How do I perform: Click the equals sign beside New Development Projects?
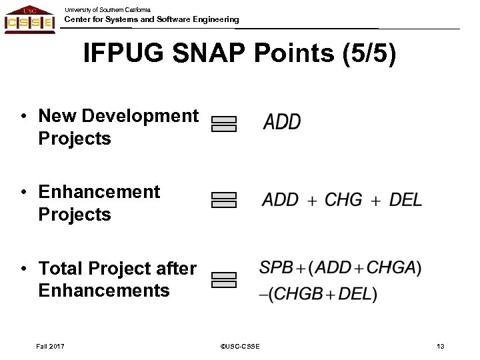click(224, 124)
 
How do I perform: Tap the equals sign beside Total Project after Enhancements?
click(224, 279)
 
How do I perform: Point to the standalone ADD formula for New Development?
click(282, 123)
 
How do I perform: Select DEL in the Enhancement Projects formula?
click(405, 199)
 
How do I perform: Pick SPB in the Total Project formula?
click(277, 268)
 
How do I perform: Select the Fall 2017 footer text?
click(52, 345)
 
